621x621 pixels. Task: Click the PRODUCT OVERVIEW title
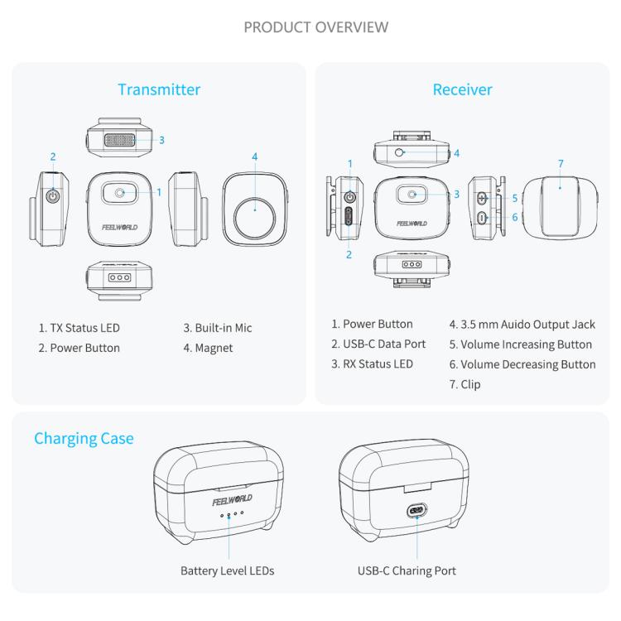click(316, 27)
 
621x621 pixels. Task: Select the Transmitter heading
click(159, 89)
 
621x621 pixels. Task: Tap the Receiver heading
click(462, 89)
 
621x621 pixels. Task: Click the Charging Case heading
click(84, 438)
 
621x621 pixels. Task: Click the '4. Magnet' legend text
click(208, 348)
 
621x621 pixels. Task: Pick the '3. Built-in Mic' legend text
click(218, 328)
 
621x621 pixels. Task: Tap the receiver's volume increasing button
click(483, 199)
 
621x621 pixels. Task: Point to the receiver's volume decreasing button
click(483, 218)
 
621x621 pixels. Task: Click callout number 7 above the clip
click(561, 163)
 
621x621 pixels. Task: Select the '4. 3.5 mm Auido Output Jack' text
click(522, 325)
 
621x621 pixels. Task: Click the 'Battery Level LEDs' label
click(227, 570)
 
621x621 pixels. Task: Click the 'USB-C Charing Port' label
click(407, 570)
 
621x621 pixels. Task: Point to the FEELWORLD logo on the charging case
click(232, 499)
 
